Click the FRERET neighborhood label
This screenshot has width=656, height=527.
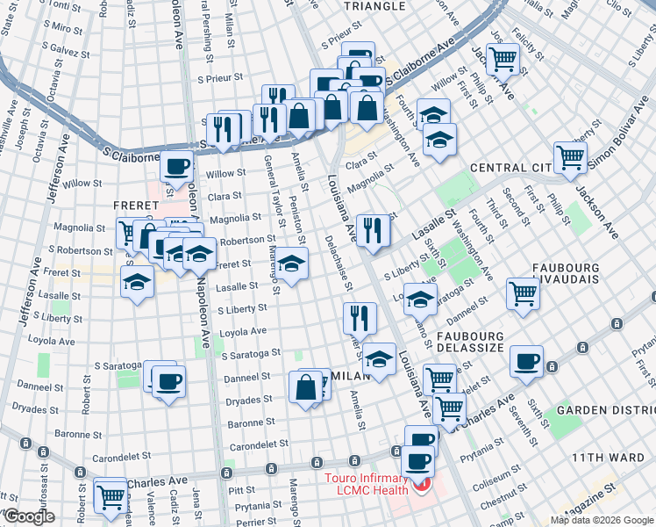click(135, 205)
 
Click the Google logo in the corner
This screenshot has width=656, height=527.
click(28, 517)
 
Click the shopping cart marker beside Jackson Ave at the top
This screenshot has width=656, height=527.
click(503, 59)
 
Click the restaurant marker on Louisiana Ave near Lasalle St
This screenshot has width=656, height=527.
click(373, 230)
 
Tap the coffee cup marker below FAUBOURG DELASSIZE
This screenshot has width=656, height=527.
click(527, 362)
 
